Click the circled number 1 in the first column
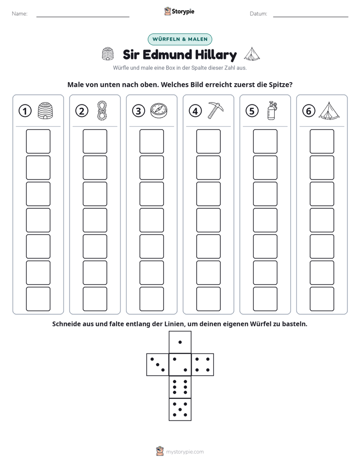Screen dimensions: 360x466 (x=25, y=111)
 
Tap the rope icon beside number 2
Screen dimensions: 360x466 (x=102, y=110)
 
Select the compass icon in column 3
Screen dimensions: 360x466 (x=159, y=111)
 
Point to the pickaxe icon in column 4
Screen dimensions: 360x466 (x=215, y=110)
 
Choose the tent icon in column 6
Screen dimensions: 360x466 (x=329, y=111)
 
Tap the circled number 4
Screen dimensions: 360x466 (x=195, y=111)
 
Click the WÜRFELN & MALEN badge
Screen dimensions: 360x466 (x=180, y=39)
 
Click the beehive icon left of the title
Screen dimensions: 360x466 (x=108, y=54)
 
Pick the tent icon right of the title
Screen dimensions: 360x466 (x=252, y=54)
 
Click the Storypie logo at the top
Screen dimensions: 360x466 (x=179, y=12)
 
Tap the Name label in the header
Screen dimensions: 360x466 (x=20, y=14)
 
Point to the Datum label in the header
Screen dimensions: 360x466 (x=259, y=14)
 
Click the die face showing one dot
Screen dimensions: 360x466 (x=180, y=342)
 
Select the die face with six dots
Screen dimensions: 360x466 (x=180, y=387)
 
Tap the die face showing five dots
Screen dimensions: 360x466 (x=180, y=410)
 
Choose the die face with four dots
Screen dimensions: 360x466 (x=203, y=365)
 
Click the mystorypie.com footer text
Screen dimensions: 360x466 (x=185, y=452)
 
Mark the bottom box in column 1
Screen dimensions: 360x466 (x=38, y=299)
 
